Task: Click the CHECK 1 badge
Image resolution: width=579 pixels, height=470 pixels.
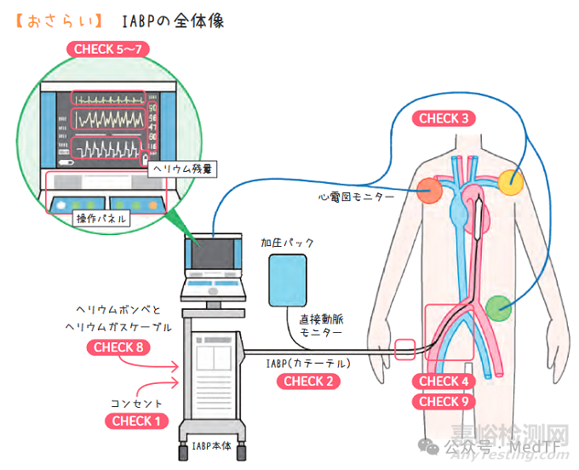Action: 136,421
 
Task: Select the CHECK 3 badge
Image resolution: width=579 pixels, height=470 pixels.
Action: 443,118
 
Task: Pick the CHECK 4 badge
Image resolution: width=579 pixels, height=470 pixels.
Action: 443,381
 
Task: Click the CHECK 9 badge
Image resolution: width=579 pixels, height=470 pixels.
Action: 443,401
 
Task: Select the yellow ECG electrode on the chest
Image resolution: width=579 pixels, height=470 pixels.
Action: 511,181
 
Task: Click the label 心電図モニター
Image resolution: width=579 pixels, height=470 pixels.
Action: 357,197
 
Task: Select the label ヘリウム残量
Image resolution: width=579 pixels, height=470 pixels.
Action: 183,169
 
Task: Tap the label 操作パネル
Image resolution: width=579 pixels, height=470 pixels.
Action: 100,219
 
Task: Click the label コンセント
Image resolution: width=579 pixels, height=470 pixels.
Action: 136,402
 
